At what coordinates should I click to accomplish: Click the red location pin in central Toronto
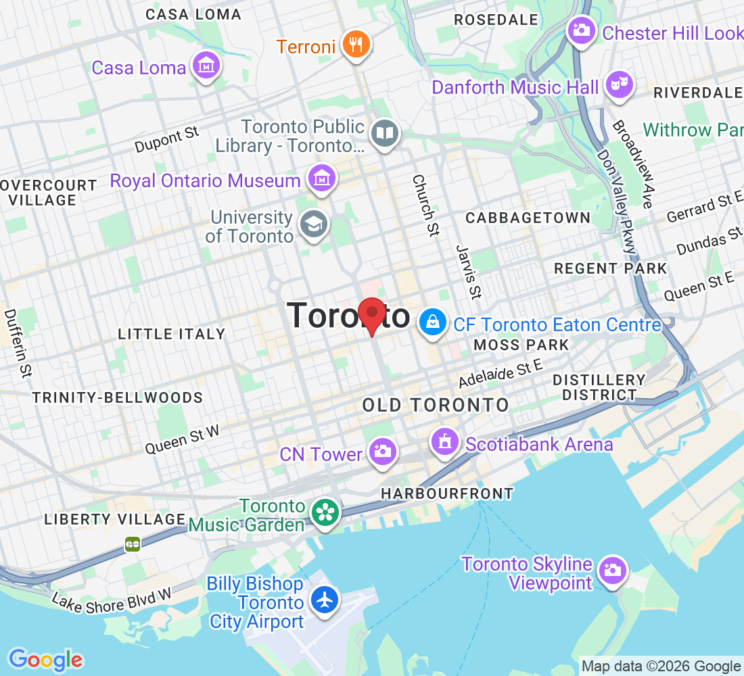(371, 314)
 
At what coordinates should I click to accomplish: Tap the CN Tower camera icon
(382, 451)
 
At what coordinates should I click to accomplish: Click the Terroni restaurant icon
(356, 45)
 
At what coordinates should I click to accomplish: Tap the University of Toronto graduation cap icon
(314, 225)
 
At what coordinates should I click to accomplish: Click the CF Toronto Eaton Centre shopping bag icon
(433, 322)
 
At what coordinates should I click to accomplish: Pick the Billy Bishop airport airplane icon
(325, 600)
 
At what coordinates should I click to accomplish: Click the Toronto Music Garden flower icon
(325, 513)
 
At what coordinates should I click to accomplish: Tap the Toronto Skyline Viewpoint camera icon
(613, 570)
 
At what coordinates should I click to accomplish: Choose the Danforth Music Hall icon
(618, 85)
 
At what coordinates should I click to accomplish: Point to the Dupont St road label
(166, 139)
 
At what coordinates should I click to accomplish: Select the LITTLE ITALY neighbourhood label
(171, 334)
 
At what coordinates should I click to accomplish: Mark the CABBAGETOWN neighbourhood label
(528, 218)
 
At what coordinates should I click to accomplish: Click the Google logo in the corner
(45, 660)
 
